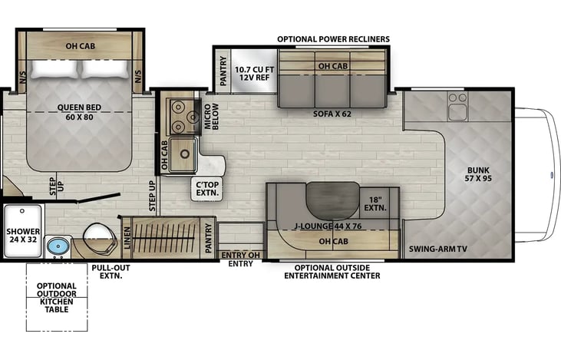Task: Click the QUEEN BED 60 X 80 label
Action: coord(79,112)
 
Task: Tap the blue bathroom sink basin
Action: coord(58,246)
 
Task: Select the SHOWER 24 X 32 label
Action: coord(23,236)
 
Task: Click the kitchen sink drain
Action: coord(185,154)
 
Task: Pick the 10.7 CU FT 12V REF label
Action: coord(254,74)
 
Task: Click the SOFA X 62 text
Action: coord(332,114)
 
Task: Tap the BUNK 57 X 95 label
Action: coord(478,174)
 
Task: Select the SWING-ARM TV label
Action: coord(438,249)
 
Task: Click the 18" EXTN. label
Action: coord(375,204)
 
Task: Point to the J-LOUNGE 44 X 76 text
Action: coord(328,226)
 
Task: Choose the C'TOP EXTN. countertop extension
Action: coord(207,189)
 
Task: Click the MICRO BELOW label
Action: coord(211,117)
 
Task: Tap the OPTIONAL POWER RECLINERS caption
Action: coord(333,39)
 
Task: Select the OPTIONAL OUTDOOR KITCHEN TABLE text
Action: coord(57,297)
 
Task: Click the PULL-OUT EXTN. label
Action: coord(111,272)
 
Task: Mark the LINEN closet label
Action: coord(127,238)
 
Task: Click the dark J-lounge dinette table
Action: coord(333,200)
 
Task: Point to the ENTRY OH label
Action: coord(240,255)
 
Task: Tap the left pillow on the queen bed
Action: coord(54,69)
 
